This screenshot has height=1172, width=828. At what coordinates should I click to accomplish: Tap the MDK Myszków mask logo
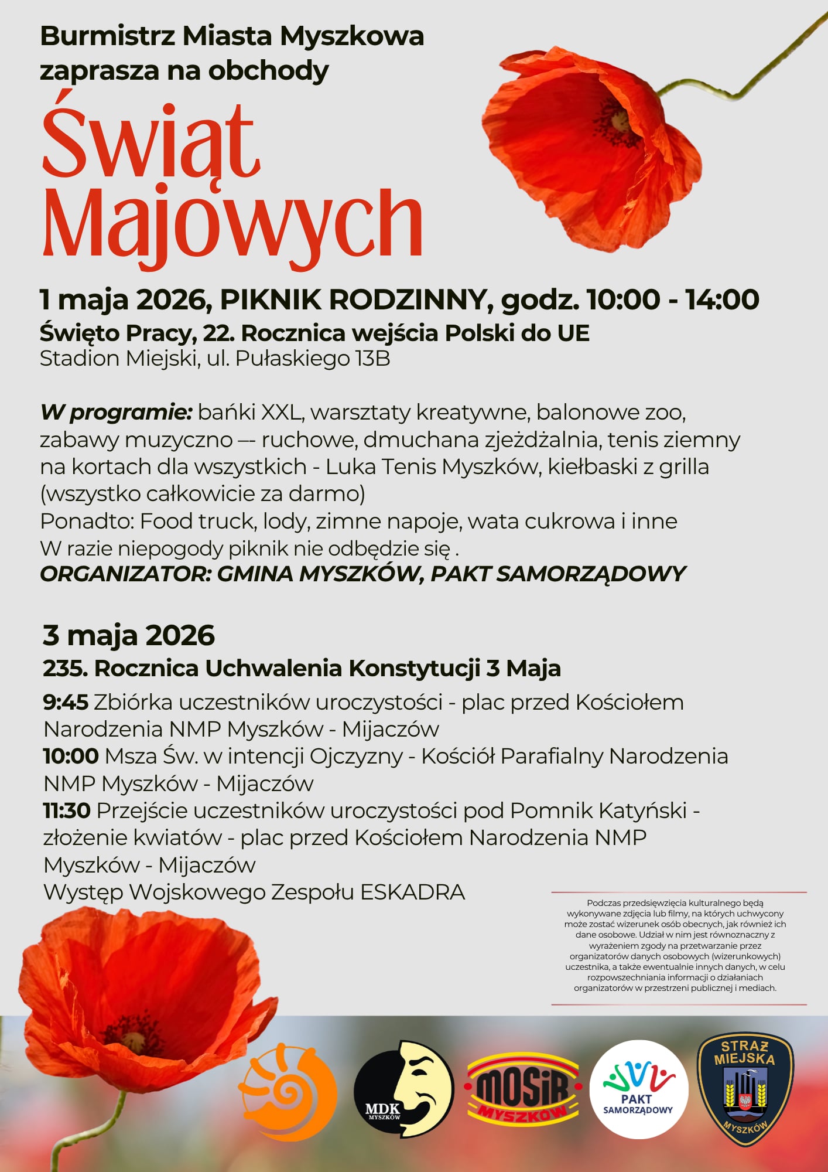403,1089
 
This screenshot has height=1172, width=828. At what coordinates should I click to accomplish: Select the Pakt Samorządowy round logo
638,1089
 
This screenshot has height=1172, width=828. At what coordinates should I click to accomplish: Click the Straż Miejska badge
745,1089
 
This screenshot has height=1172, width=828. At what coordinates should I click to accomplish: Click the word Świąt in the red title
150,142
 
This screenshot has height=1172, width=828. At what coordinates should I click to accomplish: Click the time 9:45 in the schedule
66,702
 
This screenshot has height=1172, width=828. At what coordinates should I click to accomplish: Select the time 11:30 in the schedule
67,810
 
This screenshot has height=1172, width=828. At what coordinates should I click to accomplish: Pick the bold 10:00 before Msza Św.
71,756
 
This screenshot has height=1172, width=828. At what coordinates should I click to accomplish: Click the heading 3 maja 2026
129,635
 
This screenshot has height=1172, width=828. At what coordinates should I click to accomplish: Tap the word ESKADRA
412,892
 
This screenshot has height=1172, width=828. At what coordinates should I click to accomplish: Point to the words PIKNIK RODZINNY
353,300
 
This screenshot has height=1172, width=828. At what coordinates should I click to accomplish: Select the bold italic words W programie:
116,413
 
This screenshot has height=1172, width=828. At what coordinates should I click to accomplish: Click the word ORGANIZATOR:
125,574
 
